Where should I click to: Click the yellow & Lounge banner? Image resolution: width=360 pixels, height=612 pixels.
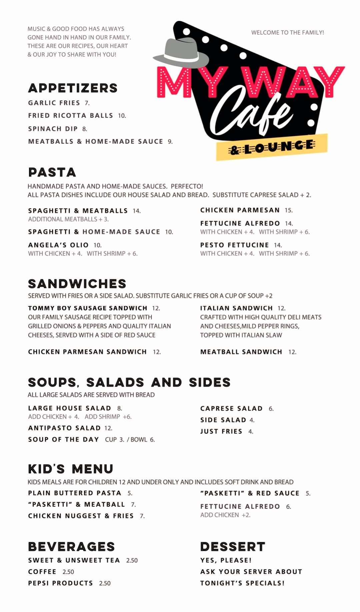point(272,147)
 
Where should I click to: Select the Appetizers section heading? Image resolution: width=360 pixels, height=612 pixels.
point(73,88)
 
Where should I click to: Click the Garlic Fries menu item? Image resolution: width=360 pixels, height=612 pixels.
point(54,103)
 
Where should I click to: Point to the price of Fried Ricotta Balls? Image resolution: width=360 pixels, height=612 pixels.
point(122,116)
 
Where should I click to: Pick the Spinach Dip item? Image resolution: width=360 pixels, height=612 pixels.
point(53,129)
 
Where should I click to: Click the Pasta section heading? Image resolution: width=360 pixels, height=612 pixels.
point(52,172)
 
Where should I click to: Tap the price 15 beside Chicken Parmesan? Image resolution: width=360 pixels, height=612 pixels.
point(288,210)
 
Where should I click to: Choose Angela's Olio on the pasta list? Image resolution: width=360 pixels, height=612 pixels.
point(58,245)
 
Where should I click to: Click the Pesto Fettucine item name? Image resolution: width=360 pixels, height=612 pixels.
point(234,245)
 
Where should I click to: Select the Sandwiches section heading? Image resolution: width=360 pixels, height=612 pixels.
point(77,284)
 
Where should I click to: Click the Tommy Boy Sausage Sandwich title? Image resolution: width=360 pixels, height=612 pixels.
point(88,308)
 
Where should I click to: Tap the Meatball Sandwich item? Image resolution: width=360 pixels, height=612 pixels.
point(241,352)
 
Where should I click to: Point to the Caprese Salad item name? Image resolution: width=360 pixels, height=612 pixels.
point(231,408)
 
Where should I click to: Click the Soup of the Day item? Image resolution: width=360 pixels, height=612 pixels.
point(63,439)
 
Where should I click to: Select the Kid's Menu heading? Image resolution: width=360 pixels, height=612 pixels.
point(71,469)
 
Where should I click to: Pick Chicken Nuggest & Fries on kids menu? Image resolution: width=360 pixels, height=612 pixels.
point(81,516)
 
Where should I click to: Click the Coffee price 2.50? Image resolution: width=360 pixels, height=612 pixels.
point(68,572)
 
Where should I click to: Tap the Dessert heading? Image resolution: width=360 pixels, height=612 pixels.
point(233,547)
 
